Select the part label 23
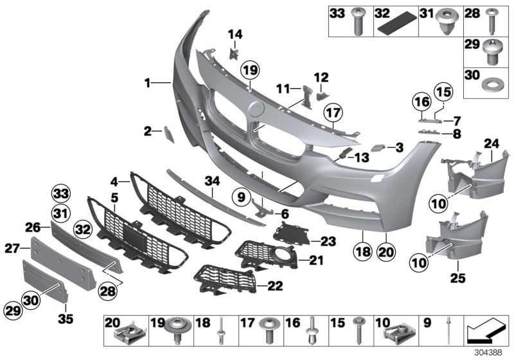click(x=328, y=241)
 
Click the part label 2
click(x=148, y=131)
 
